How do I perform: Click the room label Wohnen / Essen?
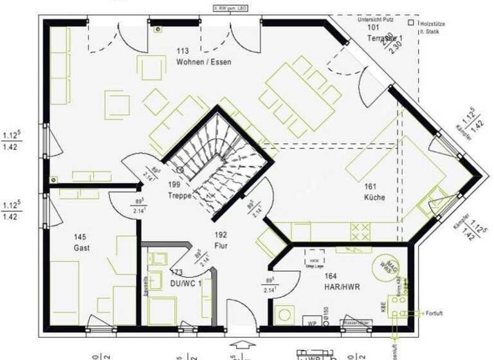coord(203,62)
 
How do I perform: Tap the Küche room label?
coord(374,197)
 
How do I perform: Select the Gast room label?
coord(82,248)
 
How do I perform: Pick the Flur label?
coord(221,246)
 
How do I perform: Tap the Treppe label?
coord(180,195)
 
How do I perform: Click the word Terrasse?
coord(380,39)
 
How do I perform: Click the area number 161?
coord(370,186)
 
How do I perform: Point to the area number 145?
coord(80,237)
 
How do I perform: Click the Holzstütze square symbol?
coord(410,21)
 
